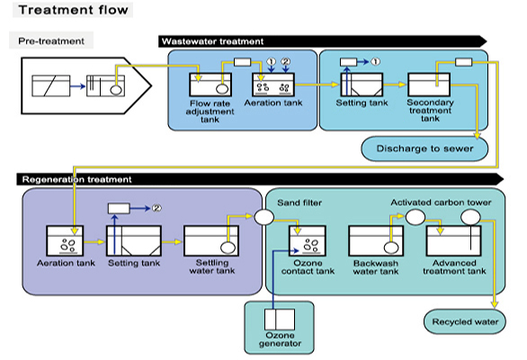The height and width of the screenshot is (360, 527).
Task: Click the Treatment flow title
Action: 73,10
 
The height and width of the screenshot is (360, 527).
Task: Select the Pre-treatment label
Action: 51,41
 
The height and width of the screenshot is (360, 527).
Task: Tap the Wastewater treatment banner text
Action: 212,41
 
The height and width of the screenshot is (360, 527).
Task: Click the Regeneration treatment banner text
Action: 76,179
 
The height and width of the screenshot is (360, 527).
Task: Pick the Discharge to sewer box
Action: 424,148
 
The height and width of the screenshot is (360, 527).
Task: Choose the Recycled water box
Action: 465,321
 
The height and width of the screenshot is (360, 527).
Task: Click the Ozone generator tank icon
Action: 280,319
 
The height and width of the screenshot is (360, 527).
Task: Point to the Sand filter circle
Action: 263,217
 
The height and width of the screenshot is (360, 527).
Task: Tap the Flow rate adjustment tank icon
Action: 210,85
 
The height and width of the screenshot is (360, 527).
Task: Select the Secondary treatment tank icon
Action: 429,85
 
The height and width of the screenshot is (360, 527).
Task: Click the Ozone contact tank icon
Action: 308,241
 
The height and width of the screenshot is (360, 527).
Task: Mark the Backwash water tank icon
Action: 376,241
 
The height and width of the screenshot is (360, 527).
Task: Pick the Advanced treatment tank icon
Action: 454,241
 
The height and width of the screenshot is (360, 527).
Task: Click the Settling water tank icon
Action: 211,241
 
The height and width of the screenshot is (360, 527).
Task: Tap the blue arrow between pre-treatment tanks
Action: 78,86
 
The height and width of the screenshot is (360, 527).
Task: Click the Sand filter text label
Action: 299,202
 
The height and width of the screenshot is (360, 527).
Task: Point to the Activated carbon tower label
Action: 441,202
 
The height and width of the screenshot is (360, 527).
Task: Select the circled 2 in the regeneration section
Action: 156,208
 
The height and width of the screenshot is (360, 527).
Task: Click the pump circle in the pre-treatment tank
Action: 116,89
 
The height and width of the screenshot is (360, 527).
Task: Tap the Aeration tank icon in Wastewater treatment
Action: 273,85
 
